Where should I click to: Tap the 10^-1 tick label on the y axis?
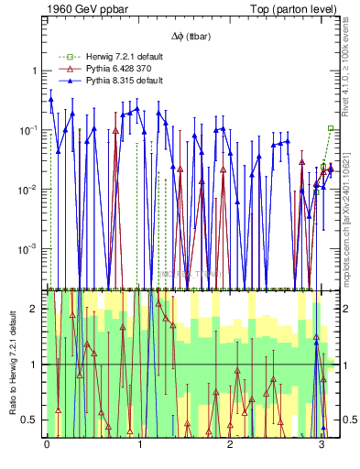[31, 130]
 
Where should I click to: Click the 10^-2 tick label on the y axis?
[31, 190]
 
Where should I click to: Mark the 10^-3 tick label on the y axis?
[31, 249]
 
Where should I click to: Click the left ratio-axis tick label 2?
[37, 309]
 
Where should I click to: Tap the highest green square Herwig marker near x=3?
[331, 128]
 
